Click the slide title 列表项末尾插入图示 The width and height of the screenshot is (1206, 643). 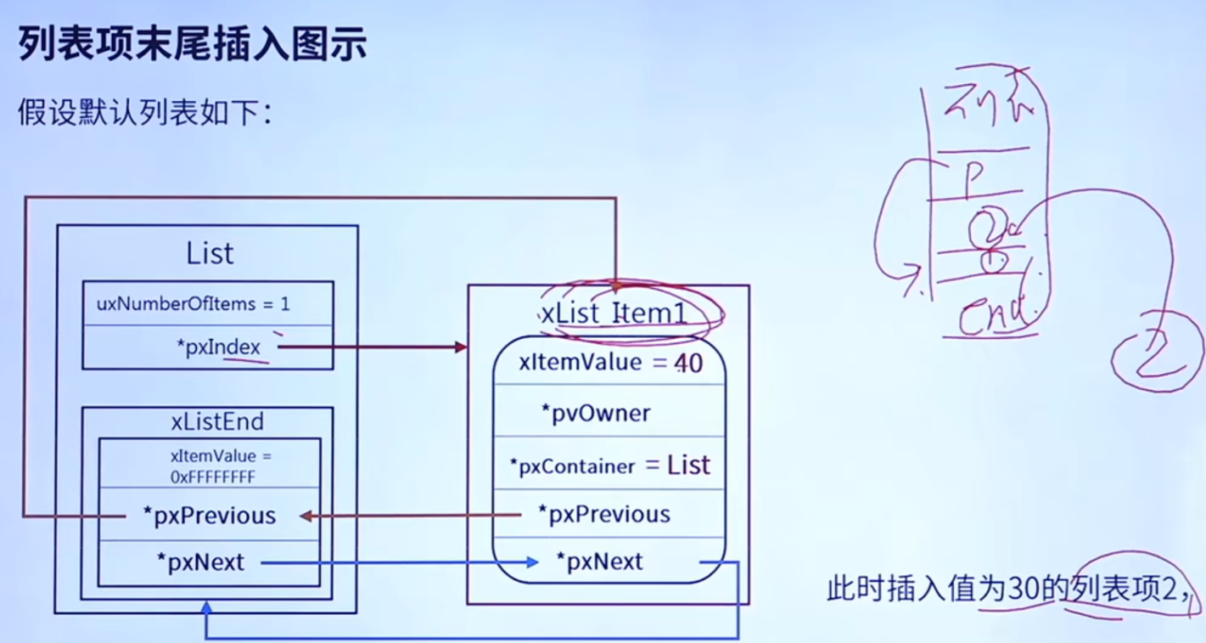coord(193,45)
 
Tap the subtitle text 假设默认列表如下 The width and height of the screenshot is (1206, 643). coord(143,111)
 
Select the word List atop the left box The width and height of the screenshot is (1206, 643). coord(210,252)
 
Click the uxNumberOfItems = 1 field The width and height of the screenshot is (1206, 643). coord(193,303)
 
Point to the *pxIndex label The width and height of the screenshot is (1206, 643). coord(223,347)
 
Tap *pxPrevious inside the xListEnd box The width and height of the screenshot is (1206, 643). coord(210,516)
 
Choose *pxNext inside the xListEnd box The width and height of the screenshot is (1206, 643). coord(200,562)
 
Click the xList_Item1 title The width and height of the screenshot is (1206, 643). coord(614,314)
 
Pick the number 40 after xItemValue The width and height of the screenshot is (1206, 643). coord(688,364)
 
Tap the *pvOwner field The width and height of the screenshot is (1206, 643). coord(596,414)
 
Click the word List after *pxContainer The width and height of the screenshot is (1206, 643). coord(688,465)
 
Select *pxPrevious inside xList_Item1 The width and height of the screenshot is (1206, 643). coord(604,515)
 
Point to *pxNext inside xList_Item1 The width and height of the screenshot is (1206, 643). coord(599,561)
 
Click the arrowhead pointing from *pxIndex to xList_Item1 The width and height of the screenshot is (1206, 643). coord(461,347)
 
